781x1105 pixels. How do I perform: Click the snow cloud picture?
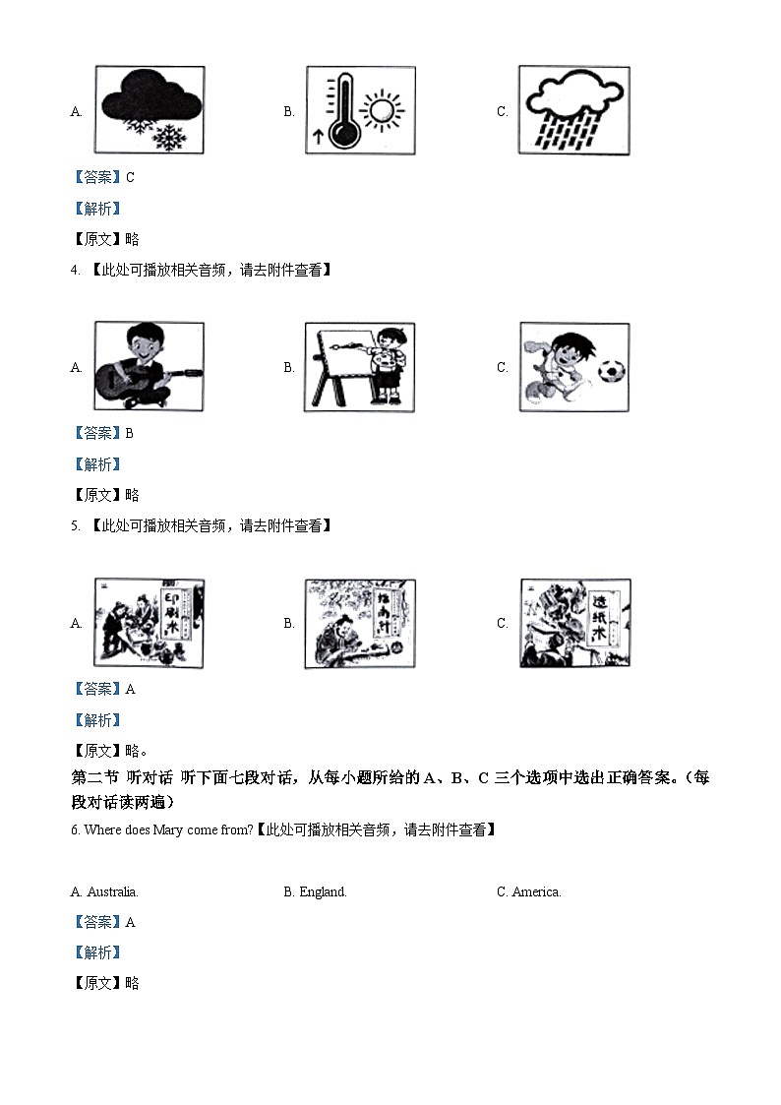[x=150, y=110]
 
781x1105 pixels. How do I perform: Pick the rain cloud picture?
[x=574, y=110]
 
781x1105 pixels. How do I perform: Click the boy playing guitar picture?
[x=150, y=366]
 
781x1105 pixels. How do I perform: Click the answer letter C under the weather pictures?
[x=131, y=178]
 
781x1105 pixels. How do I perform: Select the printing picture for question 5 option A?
[x=150, y=622]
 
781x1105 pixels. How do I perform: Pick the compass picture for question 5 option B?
[x=361, y=624]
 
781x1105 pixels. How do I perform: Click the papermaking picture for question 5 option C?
[x=574, y=622]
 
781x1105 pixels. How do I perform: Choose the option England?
[x=323, y=892]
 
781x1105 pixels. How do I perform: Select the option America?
[x=536, y=892]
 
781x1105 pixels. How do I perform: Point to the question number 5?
[x=75, y=526]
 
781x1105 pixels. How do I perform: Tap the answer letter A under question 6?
[x=131, y=923]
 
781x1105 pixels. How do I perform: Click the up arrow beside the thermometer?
[x=318, y=138]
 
